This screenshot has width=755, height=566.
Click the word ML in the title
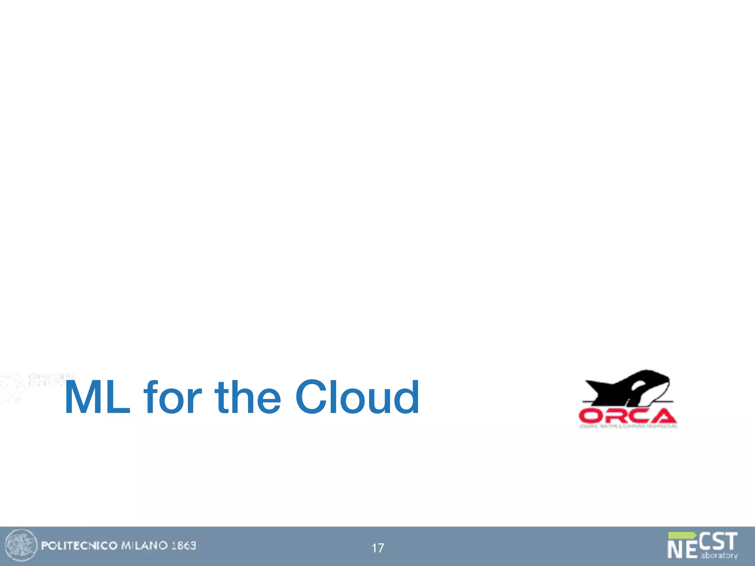pyautogui.click(x=97, y=398)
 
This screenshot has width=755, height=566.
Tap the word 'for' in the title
pyautogui.click(x=173, y=398)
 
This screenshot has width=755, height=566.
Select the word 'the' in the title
pyautogui.click(x=248, y=398)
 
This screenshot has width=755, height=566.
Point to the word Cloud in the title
pyautogui.click(x=357, y=398)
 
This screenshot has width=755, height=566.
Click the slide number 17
pyautogui.click(x=377, y=548)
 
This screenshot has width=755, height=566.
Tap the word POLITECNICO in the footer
pyautogui.click(x=79, y=546)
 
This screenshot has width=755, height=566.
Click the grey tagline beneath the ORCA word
pyautogui.click(x=628, y=426)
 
